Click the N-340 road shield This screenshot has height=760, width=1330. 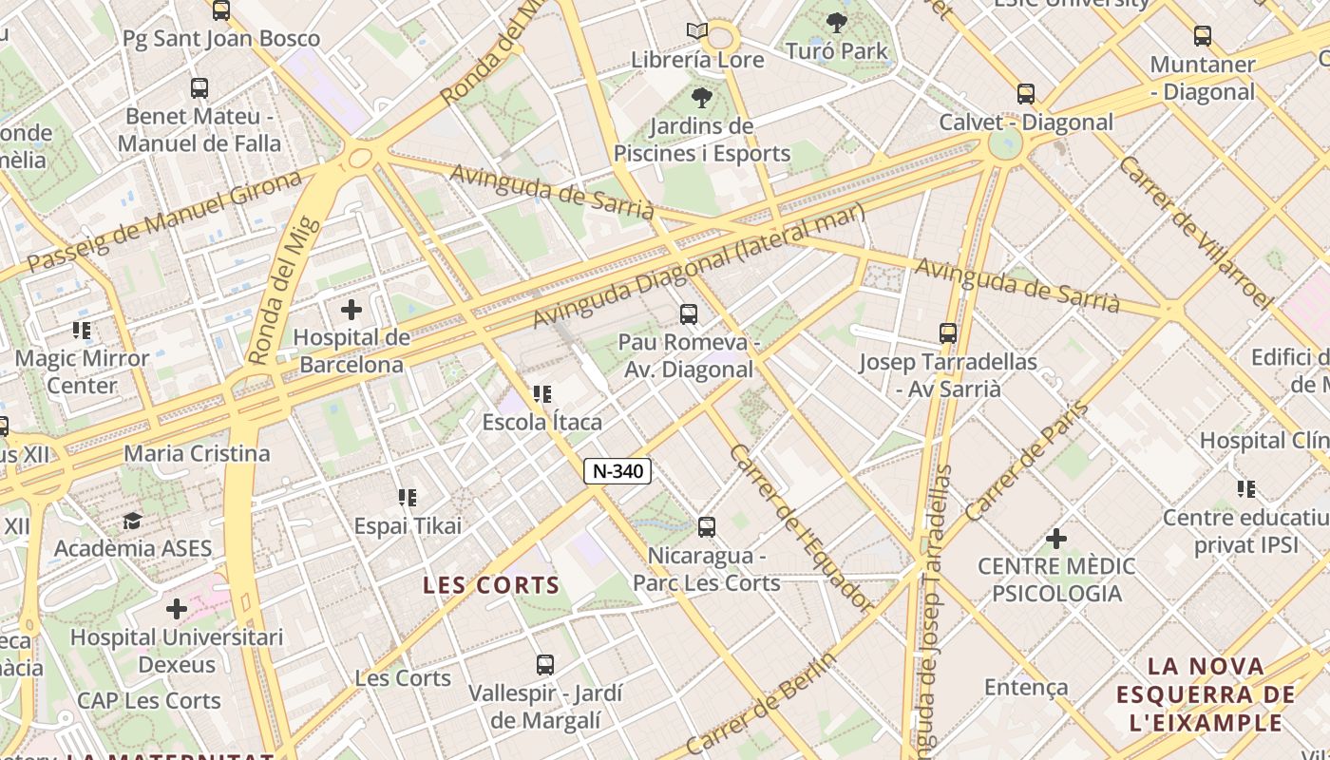pos(617,470)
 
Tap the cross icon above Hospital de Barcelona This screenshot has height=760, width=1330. pos(351,309)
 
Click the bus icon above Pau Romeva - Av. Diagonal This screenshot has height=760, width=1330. pos(689,313)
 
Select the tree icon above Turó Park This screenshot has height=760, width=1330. pos(837,22)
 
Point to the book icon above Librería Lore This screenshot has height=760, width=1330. pos(697,31)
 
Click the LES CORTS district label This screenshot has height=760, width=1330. pos(491,585)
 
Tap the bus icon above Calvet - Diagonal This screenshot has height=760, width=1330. pos(1026,94)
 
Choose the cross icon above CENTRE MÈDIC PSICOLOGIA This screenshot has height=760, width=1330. pos(1055,539)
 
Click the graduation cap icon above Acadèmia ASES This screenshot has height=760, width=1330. pos(132,521)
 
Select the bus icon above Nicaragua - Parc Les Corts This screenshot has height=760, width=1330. pos(706,526)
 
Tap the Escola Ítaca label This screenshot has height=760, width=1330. pos(542,421)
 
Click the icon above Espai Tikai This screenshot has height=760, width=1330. pos(408,497)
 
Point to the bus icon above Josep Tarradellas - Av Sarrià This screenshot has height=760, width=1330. pos(948,333)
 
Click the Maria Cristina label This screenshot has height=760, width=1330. pos(198,453)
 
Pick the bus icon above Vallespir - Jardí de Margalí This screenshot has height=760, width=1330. pos(544,665)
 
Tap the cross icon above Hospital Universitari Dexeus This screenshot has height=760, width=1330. pos(177,609)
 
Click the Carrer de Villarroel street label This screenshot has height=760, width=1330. pos(1196,232)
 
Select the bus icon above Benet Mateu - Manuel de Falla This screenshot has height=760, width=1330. pos(199,88)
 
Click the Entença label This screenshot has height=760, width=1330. pos(1026,687)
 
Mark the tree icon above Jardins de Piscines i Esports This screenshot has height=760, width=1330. pos(702,97)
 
